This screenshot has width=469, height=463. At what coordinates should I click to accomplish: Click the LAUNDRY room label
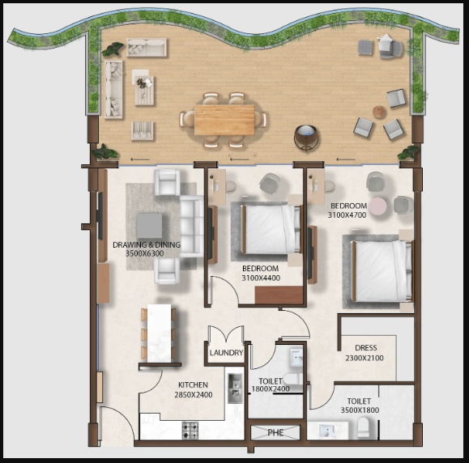pos(226,353)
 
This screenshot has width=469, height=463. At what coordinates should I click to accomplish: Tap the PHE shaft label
pos(275,432)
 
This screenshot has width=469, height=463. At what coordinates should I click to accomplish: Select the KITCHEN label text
pos(193,384)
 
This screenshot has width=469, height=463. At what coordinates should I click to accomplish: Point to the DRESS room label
pos(365,347)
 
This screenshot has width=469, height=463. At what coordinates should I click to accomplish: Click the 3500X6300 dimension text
pos(144,253)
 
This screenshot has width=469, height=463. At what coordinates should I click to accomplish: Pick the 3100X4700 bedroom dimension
pos(347,215)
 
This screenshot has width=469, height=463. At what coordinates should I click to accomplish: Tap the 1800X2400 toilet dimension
pos(271,389)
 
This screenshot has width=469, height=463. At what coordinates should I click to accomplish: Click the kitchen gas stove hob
pos(190,430)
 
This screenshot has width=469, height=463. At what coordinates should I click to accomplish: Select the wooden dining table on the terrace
pos(224,120)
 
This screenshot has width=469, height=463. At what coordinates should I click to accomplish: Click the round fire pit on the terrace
pos(305,138)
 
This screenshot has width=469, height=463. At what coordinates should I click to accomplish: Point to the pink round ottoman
pos(377,206)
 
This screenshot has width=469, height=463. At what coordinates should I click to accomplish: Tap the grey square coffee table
pos(150,226)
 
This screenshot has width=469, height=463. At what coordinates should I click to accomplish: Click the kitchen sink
pos(236,388)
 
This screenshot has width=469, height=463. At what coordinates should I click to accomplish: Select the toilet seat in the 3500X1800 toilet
pos(363,427)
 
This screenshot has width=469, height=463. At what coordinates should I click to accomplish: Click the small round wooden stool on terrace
pos(379,112)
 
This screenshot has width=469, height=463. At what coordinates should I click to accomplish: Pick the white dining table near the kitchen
pos(159,333)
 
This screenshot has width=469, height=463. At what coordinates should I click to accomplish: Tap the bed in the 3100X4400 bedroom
pos(271,228)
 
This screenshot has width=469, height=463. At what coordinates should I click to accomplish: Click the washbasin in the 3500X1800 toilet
pos(328,431)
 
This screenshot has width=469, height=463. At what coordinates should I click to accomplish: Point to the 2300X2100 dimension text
pos(365,358)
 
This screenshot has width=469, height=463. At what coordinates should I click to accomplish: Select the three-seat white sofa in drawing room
pos(192,227)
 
